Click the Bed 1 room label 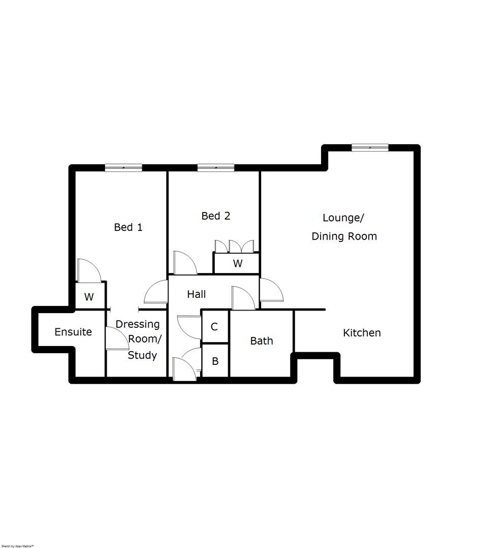128,227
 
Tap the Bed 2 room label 216,216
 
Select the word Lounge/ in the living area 343,218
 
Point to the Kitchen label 362,333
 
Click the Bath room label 262,341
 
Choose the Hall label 196,294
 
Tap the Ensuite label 73,332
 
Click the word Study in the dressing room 142,355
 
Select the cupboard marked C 214,327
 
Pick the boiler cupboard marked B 215,361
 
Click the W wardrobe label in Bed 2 237,264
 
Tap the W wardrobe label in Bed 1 89,297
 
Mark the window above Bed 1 123,167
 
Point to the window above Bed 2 216,167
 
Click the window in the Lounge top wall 370,148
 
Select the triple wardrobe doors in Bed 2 234,246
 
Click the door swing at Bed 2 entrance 183,263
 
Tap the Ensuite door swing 117,338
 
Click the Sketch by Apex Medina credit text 18,545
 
